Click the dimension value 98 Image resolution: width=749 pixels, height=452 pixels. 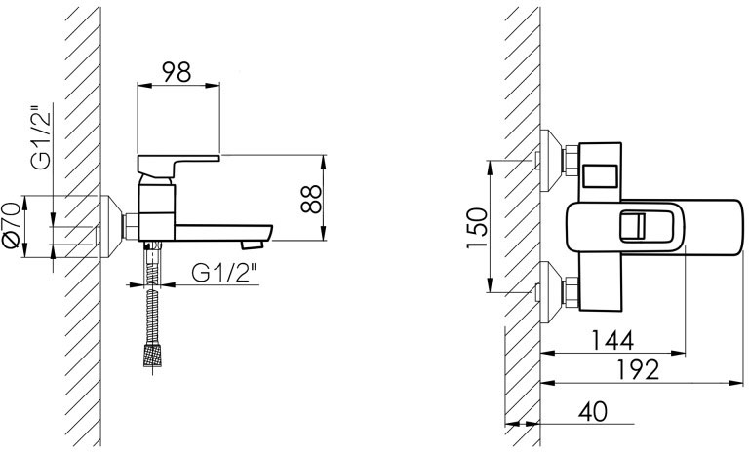point(177,72)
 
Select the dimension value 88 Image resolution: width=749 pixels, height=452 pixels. point(309,199)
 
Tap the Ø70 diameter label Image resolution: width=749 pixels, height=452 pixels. point(12,226)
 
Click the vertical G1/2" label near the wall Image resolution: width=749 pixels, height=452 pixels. point(39,136)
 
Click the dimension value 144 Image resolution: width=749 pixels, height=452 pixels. point(611,340)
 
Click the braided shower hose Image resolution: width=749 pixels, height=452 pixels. point(151,302)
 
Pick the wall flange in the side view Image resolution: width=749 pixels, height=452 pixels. point(109,227)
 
